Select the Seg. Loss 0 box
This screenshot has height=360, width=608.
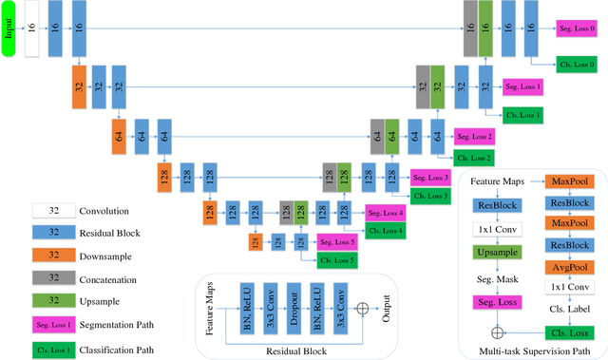[x=577, y=28]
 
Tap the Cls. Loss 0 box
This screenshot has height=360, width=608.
[x=577, y=65]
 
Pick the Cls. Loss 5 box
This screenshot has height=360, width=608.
[x=337, y=260]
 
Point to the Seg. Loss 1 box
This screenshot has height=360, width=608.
[x=522, y=86]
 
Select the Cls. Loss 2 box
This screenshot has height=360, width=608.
[x=474, y=158]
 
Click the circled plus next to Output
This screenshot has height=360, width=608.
[x=360, y=309]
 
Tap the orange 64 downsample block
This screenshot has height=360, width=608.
[x=119, y=136]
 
